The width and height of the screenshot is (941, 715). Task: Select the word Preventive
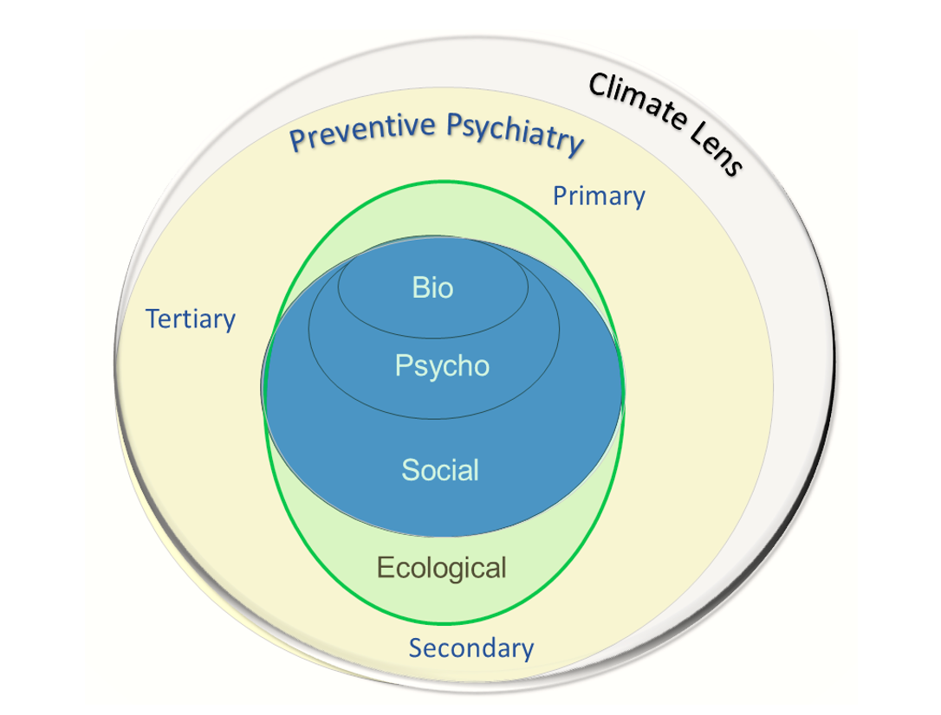coord(363,131)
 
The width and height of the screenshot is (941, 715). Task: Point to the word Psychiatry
coord(515,133)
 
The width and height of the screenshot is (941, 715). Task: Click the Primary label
coord(599,197)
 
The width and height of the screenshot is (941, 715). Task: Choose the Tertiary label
coord(191,319)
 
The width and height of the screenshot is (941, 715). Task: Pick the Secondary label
coord(471,647)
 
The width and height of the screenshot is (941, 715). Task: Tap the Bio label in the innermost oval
coord(432,287)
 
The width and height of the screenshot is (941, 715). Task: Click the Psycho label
coord(442,366)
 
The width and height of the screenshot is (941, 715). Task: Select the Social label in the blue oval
coord(440,470)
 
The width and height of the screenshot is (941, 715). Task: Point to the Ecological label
coord(442,568)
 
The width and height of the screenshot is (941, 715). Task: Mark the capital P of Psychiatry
coord(456,126)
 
